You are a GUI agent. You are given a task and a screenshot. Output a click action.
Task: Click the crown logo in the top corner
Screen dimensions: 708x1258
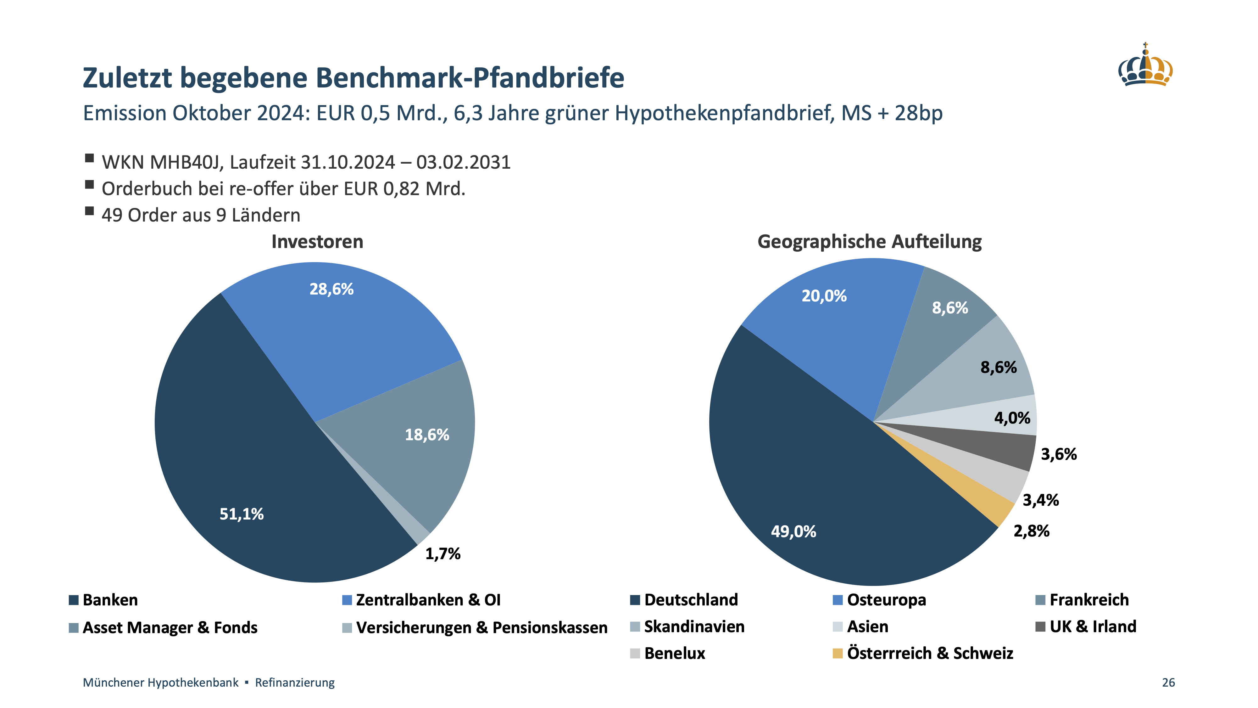[x=1145, y=66]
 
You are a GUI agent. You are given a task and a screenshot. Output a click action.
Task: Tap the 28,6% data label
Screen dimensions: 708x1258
[x=331, y=289]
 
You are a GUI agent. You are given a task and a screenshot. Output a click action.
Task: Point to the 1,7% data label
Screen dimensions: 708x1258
[x=443, y=553]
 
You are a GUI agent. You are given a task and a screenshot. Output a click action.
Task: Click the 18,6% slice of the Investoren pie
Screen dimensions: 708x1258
[x=420, y=454]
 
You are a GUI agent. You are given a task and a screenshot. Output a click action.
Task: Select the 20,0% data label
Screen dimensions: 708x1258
[x=824, y=296]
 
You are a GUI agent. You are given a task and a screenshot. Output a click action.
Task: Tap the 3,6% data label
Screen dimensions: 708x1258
[x=1058, y=454]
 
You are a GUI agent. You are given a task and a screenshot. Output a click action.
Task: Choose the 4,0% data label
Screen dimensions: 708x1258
[x=1012, y=418]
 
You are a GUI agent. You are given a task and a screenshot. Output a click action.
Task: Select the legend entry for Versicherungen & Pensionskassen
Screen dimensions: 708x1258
[x=481, y=628]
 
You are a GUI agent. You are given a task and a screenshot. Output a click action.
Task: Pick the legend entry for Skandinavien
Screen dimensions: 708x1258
[x=694, y=627]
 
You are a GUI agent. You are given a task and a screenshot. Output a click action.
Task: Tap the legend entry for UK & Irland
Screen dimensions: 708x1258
[x=1093, y=627]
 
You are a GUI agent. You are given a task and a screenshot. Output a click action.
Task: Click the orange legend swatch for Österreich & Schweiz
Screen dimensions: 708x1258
[x=838, y=654]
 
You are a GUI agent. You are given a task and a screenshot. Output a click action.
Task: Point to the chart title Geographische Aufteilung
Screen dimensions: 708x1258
[x=869, y=242]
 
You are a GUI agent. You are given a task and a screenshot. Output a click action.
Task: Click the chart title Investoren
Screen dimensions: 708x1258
[x=317, y=242]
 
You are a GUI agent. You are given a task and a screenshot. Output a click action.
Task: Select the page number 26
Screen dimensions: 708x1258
[x=1168, y=683]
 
